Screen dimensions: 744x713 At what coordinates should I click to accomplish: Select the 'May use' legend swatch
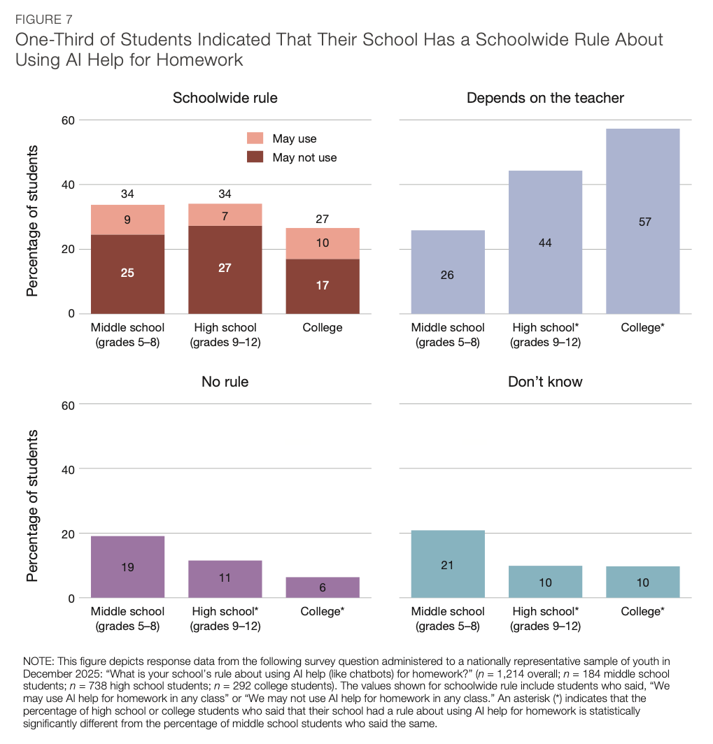[x=256, y=138]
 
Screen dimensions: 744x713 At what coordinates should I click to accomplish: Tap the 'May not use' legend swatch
[x=256, y=157]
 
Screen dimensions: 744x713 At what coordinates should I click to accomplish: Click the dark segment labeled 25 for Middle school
[x=127, y=273]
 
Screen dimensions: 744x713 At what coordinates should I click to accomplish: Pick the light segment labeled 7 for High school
[x=225, y=215]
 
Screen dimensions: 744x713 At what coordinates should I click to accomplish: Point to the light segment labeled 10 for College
[x=323, y=243]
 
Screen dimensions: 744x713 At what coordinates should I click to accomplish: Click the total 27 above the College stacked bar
[x=323, y=219]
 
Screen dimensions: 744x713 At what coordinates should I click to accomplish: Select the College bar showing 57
[x=642, y=221]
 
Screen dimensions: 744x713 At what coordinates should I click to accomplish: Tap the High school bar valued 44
[x=545, y=242]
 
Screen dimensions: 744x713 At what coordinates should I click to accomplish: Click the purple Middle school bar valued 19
[x=127, y=567]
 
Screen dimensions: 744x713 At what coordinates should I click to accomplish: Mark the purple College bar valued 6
[x=323, y=587]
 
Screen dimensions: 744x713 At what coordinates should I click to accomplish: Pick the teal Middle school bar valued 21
[x=447, y=564]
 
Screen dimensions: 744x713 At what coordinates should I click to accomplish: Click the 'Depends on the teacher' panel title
[x=545, y=98]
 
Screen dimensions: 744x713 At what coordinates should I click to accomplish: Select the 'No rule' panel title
[x=225, y=382]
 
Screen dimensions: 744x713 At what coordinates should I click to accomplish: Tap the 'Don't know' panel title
[x=545, y=382]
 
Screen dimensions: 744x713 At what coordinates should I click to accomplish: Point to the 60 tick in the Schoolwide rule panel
[x=68, y=120]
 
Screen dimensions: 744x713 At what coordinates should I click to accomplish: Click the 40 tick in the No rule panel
[x=68, y=469]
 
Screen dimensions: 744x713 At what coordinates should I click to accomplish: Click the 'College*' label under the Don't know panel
[x=642, y=612]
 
